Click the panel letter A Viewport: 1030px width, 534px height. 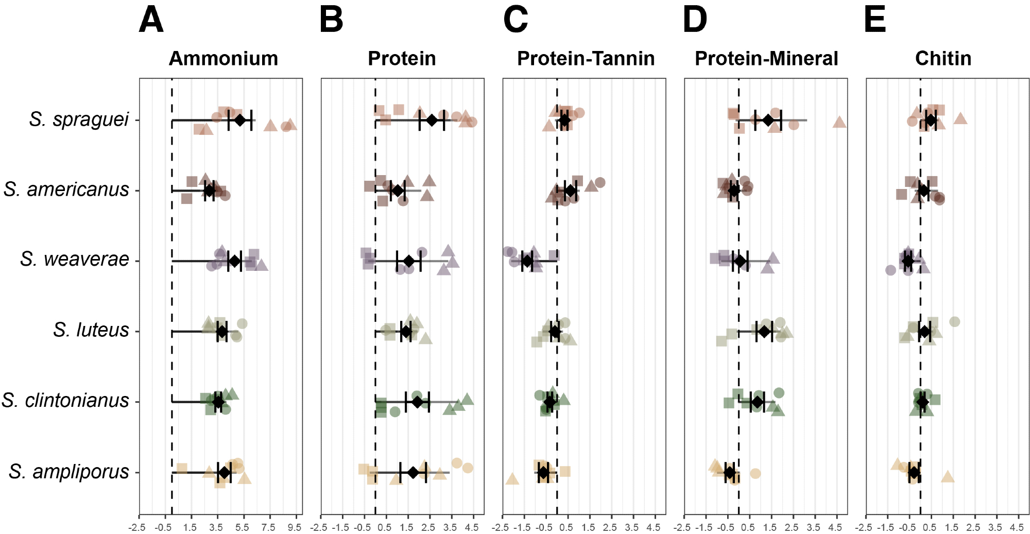pos(151,20)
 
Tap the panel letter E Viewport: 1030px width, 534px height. pos(874,20)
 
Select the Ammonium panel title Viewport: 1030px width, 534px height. pos(223,59)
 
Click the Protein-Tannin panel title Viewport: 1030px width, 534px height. pos(586,59)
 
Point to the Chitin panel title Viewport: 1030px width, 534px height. pos(943,59)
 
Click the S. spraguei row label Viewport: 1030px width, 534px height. pos(79,119)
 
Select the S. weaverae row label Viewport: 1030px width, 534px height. pos(75,259)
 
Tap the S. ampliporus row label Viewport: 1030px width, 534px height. pos(68,472)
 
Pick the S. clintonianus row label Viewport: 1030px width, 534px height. pos(65,401)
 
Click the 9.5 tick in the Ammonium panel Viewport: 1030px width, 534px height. pos(295,527)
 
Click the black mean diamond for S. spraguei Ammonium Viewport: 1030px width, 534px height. pos(240,120)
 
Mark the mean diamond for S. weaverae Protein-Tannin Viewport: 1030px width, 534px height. pos(527,261)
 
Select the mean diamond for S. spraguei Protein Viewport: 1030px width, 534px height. pos(432,120)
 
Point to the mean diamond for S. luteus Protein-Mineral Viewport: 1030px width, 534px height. pos(764,332)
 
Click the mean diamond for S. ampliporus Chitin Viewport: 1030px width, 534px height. pos(914,472)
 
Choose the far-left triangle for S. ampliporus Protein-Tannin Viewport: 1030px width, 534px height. pos(512,479)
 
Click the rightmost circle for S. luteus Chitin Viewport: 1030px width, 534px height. pos(954,322)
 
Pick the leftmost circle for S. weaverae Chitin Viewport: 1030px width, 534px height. pos(890,270)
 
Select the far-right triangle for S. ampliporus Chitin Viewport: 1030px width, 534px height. pos(948,477)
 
